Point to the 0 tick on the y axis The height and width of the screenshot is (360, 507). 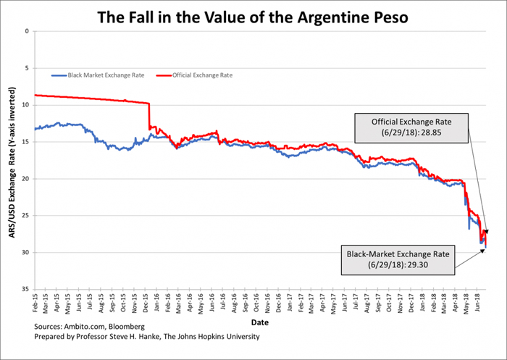click(26, 31)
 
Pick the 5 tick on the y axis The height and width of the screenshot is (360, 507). click(26, 68)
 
